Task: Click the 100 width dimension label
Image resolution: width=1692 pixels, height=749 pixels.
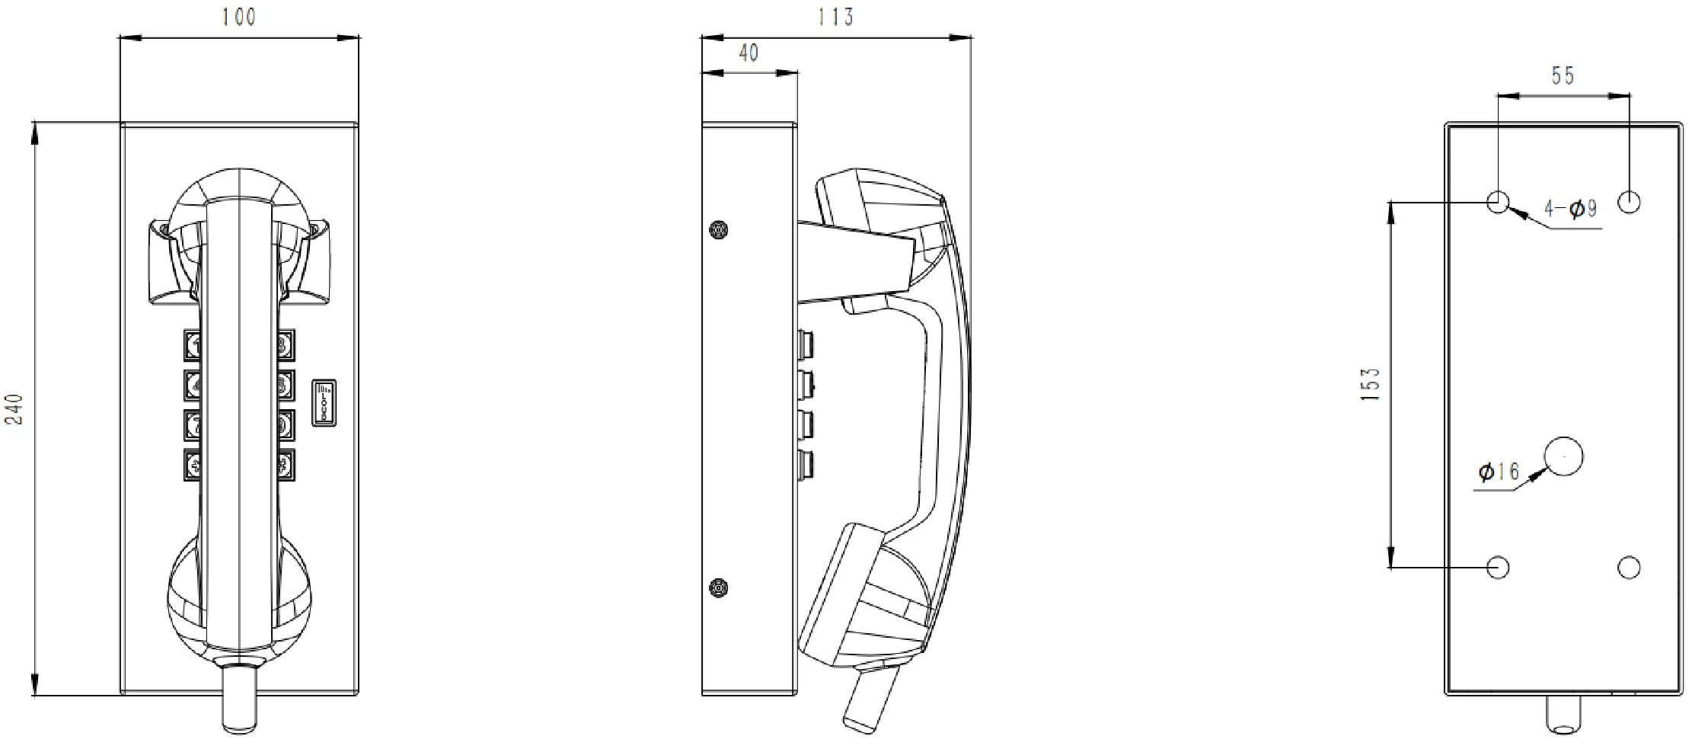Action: [x=238, y=17]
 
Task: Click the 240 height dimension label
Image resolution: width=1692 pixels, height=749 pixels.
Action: [x=16, y=409]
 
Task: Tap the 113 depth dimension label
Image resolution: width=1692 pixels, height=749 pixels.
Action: [x=835, y=17]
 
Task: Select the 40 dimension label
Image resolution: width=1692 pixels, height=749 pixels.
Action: [x=749, y=53]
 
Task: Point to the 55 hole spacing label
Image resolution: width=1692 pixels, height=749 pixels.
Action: [x=1563, y=75]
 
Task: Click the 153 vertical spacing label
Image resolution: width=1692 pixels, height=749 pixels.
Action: [x=1370, y=385]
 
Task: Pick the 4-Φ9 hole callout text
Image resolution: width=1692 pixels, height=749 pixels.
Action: [x=1570, y=209]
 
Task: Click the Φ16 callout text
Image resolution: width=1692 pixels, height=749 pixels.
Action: [x=1498, y=472]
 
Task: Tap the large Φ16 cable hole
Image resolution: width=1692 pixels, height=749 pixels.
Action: [x=1563, y=457]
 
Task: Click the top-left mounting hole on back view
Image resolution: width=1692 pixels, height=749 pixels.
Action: [x=1498, y=203]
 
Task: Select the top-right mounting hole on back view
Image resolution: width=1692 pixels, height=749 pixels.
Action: [x=1629, y=203]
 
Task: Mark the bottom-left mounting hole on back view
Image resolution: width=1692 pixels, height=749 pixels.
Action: [x=1498, y=567]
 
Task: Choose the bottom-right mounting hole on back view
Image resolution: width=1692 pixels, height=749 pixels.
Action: [x=1629, y=567]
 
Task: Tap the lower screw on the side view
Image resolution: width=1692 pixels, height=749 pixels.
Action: [x=717, y=587]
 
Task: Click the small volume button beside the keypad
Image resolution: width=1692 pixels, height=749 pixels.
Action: [x=324, y=402]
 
